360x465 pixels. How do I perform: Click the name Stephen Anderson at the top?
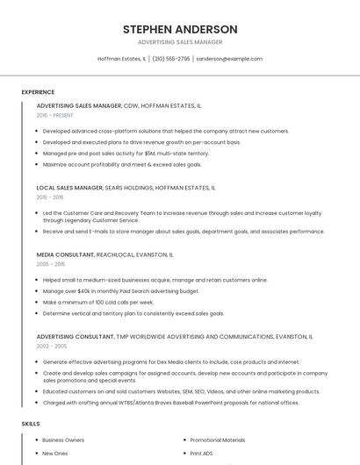(x=180, y=29)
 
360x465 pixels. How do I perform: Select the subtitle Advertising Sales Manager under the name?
(x=180, y=42)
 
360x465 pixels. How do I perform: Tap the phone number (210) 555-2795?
(x=171, y=59)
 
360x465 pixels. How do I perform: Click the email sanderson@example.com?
(x=228, y=59)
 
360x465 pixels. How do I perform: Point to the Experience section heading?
(x=38, y=92)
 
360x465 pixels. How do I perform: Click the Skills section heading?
(x=31, y=424)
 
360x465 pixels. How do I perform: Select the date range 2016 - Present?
(x=55, y=115)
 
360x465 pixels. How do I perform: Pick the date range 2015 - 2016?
(x=50, y=197)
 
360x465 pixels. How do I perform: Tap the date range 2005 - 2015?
(x=51, y=263)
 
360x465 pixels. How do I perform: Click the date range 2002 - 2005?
(x=51, y=346)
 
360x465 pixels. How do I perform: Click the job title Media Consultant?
(x=65, y=254)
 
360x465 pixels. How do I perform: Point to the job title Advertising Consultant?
(x=76, y=336)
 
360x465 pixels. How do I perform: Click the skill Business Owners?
(x=63, y=440)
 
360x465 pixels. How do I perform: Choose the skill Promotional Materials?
(x=218, y=440)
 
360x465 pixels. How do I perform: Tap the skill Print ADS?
(x=202, y=454)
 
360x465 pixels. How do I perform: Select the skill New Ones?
(x=54, y=454)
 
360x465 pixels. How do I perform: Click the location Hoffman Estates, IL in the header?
(x=121, y=59)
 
